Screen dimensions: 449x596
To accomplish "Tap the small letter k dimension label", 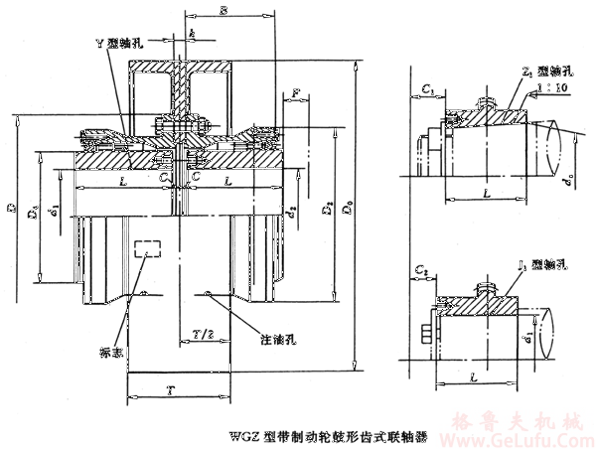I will tap(191, 36).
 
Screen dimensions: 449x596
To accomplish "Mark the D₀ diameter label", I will tap(348, 211).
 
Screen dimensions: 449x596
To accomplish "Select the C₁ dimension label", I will tap(428, 89).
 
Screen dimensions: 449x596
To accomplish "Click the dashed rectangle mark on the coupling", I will tap(145, 249).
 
